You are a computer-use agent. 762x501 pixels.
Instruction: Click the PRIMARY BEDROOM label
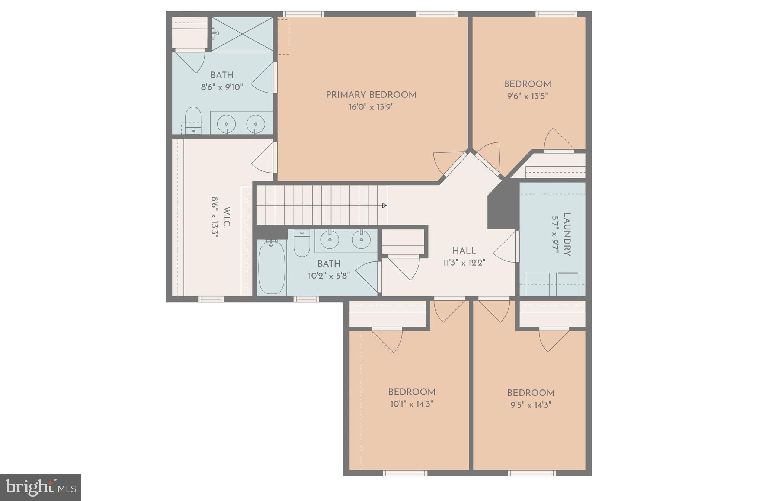(371, 95)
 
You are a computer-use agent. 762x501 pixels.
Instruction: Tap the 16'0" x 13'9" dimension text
(371, 107)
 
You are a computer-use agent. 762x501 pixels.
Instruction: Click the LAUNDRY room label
(567, 234)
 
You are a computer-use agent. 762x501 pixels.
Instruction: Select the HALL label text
(464, 251)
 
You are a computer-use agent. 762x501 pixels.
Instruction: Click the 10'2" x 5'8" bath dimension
(329, 276)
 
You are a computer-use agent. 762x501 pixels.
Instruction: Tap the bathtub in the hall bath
(272, 267)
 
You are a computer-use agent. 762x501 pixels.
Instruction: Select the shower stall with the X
(242, 34)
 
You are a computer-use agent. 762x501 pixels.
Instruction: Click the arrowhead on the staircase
(385, 205)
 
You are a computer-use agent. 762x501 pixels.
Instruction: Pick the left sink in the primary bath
(226, 123)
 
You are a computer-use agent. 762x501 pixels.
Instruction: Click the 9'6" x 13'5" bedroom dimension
(527, 96)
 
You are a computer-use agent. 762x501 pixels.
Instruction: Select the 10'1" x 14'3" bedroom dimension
(412, 404)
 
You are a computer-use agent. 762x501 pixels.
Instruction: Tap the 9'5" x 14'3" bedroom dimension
(531, 405)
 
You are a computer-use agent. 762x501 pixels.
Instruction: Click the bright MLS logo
(41, 487)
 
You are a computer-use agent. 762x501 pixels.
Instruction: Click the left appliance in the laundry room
(537, 284)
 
